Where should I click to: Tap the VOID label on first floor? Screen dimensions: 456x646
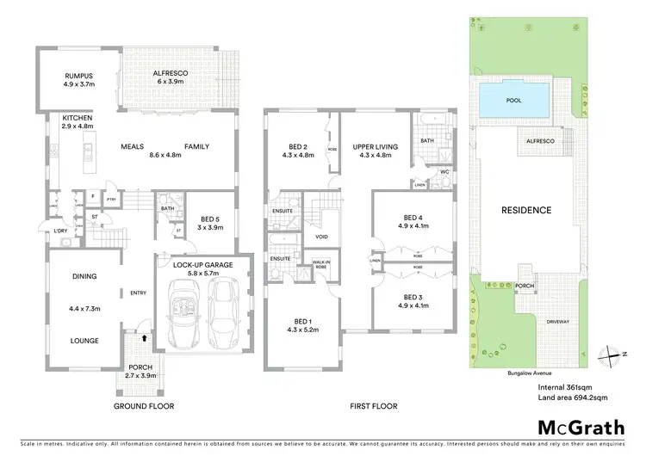point(321,237)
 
